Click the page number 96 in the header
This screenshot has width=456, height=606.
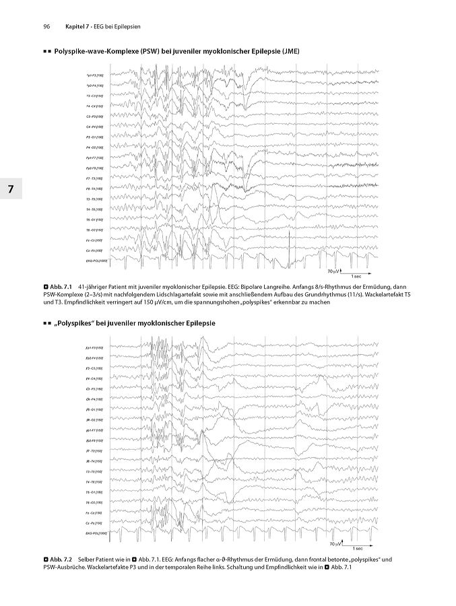pos(47,26)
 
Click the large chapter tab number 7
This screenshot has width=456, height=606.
pos(10,189)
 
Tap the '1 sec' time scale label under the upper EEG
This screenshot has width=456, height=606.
pos(358,276)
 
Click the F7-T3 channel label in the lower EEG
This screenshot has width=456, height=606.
pos(94,451)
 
